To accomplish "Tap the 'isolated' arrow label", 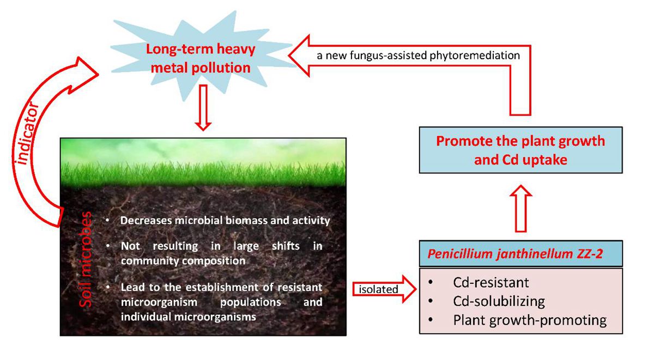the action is (x=378, y=289).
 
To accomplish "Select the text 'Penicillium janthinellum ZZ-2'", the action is (x=515, y=254).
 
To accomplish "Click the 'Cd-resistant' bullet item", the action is (x=491, y=283).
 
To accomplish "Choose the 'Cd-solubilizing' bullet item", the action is (x=499, y=301).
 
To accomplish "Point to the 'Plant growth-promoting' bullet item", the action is (x=530, y=320).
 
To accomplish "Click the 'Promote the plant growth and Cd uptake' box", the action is (x=520, y=150).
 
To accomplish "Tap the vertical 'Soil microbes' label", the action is (x=86, y=259).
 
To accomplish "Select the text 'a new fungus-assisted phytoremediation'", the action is (x=418, y=56).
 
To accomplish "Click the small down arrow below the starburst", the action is (x=203, y=107).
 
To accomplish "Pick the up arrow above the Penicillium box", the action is (x=521, y=208).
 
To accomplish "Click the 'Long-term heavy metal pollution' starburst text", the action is (x=201, y=58).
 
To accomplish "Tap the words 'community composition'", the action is (x=183, y=260).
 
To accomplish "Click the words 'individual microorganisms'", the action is (x=189, y=317).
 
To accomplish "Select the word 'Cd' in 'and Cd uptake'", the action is (x=511, y=160).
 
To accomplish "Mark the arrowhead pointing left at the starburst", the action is (x=299, y=56).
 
